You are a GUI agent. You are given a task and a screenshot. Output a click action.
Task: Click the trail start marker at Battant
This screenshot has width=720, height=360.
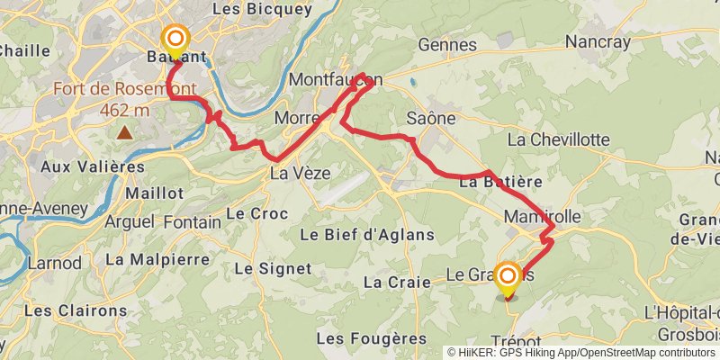[175, 39]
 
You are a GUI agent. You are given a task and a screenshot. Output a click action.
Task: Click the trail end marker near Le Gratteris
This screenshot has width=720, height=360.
[508, 276]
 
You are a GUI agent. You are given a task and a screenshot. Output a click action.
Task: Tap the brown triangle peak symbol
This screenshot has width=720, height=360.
[123, 133]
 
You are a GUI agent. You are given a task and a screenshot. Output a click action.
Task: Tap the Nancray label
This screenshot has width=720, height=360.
[600, 41]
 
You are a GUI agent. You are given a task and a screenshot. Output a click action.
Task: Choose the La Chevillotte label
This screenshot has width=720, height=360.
[558, 139]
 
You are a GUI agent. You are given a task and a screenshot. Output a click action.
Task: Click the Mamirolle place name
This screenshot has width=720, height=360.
[543, 217]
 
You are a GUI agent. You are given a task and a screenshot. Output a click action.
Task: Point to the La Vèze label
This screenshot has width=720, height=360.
[301, 173]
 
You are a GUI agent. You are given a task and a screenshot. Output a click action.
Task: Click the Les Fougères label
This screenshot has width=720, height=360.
[372, 338]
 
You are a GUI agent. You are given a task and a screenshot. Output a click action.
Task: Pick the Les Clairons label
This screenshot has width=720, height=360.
[76, 310]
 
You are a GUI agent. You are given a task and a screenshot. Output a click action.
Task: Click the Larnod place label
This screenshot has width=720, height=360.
[54, 264]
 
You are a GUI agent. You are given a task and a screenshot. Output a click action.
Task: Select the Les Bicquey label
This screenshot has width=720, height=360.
[262, 9]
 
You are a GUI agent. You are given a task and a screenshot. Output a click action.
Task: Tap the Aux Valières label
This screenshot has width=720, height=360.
[93, 166]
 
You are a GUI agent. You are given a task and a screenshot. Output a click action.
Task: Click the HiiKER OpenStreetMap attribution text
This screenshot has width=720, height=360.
[581, 352]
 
